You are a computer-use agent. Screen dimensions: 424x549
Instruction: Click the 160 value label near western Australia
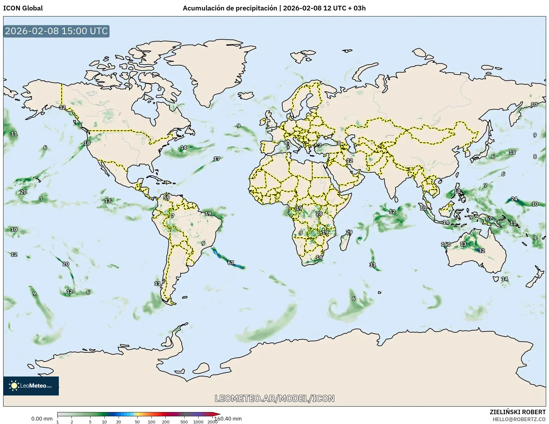[x=446, y=244]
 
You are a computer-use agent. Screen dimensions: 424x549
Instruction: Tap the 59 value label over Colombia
[x=166, y=198]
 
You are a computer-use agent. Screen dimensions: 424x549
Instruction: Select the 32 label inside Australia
[x=481, y=250]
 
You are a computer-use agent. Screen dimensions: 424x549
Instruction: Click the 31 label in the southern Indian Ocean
[x=373, y=265]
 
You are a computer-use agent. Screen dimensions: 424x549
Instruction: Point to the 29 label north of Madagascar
[x=349, y=232]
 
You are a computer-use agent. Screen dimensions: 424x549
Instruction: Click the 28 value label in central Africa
[x=319, y=213]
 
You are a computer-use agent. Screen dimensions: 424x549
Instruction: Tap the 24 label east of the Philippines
[x=514, y=199]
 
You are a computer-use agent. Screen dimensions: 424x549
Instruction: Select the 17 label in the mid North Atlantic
[x=217, y=159]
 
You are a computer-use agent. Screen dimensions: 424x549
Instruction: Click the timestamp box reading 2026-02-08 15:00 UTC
[x=56, y=31]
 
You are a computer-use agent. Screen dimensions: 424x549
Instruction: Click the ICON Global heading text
[x=23, y=8]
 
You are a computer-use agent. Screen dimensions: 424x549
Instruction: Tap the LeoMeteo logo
[x=31, y=386]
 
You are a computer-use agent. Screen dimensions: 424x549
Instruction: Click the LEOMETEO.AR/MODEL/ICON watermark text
[x=274, y=398]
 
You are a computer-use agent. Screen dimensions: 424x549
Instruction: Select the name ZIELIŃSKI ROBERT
[x=517, y=412]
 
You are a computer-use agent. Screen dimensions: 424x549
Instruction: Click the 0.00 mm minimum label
[x=42, y=419]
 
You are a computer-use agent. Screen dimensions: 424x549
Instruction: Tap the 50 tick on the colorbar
[x=137, y=421]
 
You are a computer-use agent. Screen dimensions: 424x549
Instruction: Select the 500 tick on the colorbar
[x=184, y=421]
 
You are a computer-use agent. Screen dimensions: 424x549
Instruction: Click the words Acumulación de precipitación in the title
[x=230, y=8]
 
